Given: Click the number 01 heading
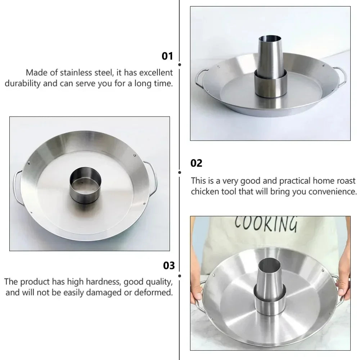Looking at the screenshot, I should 167,56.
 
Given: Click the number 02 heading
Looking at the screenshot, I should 197,163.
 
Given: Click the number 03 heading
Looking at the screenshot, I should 168,266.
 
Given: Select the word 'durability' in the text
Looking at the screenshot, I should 22,84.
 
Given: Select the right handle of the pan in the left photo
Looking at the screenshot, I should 151,176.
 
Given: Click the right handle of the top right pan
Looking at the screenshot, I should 340,76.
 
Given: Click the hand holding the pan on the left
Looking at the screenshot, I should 196,292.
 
